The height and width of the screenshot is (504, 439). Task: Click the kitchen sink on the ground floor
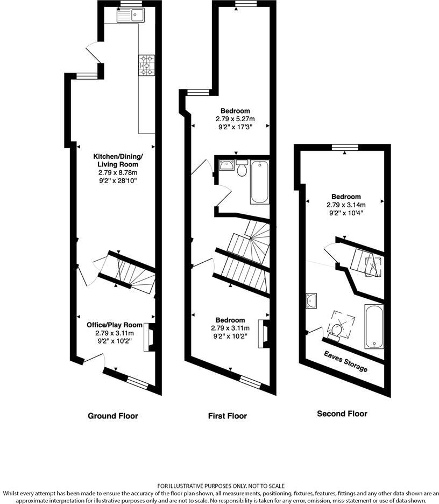[129, 16]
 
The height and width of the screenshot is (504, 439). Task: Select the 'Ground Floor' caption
[113, 416]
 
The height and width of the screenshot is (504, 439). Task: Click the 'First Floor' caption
[228, 416]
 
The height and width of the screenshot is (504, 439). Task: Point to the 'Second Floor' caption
[342, 414]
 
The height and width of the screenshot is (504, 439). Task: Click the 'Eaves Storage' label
[346, 362]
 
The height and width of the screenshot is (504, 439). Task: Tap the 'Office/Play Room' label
[115, 325]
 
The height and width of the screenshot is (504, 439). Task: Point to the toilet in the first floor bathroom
[242, 169]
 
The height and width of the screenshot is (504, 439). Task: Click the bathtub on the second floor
[373, 326]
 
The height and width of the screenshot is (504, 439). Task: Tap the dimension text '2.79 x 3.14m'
[345, 205]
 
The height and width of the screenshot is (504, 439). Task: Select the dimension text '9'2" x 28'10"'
[117, 181]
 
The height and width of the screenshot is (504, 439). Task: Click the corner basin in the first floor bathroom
[225, 165]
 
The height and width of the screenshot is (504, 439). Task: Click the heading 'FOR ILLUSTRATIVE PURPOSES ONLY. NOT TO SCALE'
[221, 485]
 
